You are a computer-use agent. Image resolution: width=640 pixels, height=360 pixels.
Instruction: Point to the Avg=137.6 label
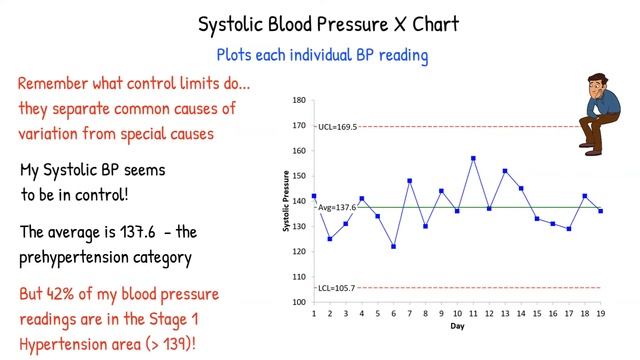click(337, 207)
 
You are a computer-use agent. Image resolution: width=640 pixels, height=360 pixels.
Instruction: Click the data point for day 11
click(473, 158)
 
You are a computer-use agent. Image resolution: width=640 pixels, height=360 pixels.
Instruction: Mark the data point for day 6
click(393, 246)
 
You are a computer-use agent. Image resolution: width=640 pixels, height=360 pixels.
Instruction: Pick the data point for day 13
click(505, 171)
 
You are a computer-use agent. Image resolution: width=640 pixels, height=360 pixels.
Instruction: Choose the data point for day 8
click(425, 226)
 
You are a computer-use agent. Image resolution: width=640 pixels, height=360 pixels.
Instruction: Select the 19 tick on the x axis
click(600, 313)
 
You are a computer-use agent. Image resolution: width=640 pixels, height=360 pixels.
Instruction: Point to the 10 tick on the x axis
click(457, 313)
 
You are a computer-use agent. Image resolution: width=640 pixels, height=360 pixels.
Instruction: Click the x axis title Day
click(457, 326)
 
